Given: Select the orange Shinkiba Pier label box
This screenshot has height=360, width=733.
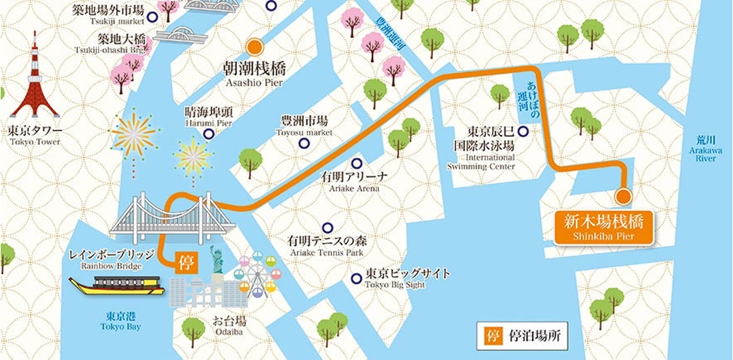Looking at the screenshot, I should [x=603, y=227].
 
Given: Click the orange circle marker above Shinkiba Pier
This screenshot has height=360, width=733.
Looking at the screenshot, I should [x=623, y=196].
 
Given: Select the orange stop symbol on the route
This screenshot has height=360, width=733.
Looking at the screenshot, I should [x=185, y=263].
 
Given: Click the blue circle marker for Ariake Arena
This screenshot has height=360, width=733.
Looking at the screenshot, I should [x=357, y=163].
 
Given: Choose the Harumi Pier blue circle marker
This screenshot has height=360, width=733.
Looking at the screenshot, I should [x=209, y=134].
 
